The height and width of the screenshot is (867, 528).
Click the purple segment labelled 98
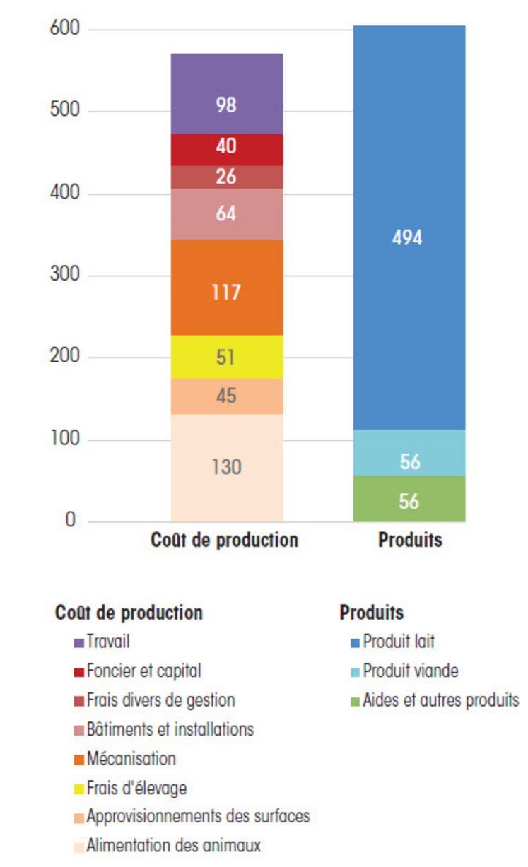pos(227,93)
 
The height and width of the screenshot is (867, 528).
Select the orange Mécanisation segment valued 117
pos(227,287)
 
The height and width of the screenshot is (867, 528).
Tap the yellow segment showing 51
pos(227,357)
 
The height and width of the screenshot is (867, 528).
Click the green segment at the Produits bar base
pos(409,499)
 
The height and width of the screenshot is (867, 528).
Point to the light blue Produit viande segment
pos(409,453)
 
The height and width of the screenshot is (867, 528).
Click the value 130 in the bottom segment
pos(226,467)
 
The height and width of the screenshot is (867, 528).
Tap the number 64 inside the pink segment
pos(226,213)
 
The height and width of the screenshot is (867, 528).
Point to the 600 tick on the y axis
pos(65,30)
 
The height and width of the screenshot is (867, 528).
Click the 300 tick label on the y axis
pos(65,276)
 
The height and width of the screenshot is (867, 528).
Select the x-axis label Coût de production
pos(224,541)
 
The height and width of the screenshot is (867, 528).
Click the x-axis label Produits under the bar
pos(410,541)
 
